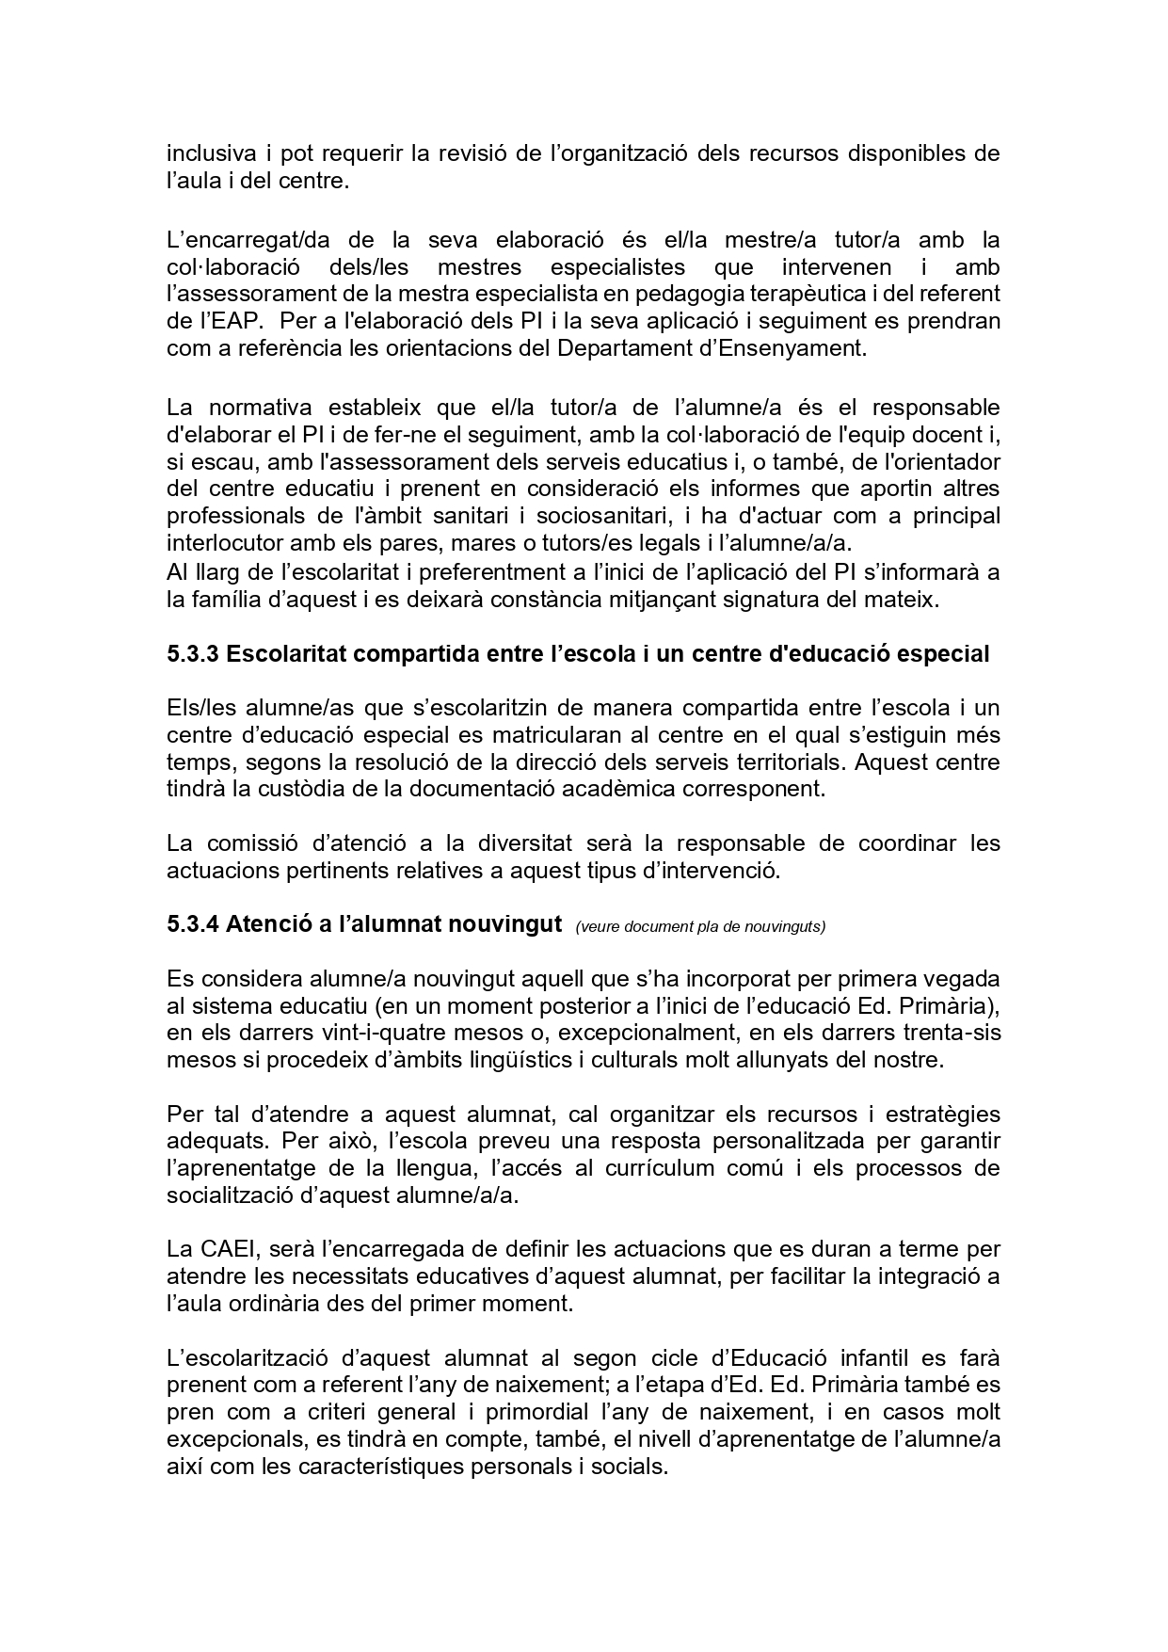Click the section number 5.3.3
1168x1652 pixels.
click(193, 654)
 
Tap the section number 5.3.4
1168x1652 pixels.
click(193, 924)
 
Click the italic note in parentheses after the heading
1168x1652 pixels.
click(700, 926)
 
